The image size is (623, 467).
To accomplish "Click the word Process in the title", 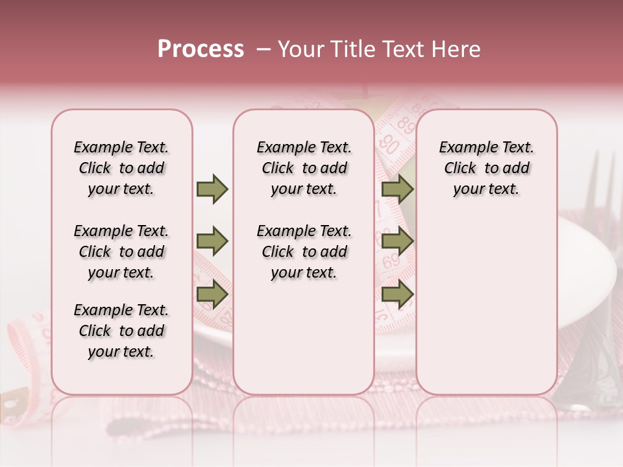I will pyautogui.click(x=201, y=49).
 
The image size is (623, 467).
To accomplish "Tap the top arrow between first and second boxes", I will pyautogui.click(x=212, y=189).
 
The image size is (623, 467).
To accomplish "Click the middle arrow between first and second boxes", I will pyautogui.click(x=212, y=242).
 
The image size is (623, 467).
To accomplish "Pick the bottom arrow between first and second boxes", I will pyautogui.click(x=212, y=294).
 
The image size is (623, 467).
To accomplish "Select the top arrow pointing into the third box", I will pyautogui.click(x=397, y=189).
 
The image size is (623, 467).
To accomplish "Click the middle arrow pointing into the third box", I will pyautogui.click(x=397, y=242).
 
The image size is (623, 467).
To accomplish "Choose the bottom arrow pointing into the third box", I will pyautogui.click(x=397, y=294).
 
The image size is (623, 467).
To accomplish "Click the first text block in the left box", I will pyautogui.click(x=121, y=168).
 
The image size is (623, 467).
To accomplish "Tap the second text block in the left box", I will pyautogui.click(x=121, y=252).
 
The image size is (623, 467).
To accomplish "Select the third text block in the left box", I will pyautogui.click(x=121, y=331).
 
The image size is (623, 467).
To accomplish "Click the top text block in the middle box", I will pyautogui.click(x=304, y=168).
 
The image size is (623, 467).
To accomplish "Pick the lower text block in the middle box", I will pyautogui.click(x=304, y=252).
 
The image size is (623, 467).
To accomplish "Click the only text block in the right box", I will pyautogui.click(x=486, y=168).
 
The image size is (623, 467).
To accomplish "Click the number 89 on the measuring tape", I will pyautogui.click(x=406, y=124).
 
